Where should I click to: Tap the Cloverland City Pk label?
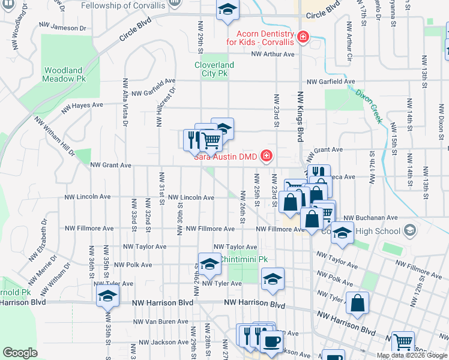(214, 69)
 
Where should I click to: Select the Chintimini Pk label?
(243, 259)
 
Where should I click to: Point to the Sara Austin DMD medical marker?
(265, 157)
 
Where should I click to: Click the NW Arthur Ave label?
(273, 54)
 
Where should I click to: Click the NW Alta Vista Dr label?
(125, 103)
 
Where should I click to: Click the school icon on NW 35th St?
(107, 296)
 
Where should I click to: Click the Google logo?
(20, 353)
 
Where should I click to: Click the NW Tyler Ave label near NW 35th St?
(114, 283)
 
